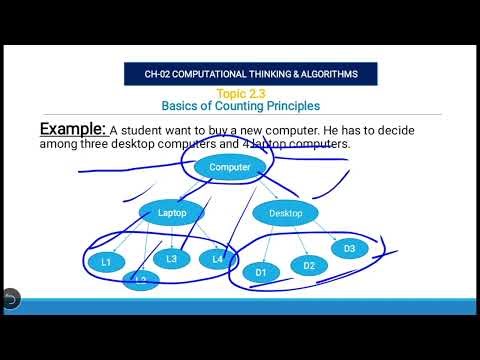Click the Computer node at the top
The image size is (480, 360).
tap(230, 167)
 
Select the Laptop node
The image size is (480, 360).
tap(172, 212)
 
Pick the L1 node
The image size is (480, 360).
tap(106, 262)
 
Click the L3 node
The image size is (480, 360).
tap(172, 258)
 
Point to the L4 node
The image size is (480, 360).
tap(217, 259)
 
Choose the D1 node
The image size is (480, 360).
tap(261, 271)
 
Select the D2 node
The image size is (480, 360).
tap(309, 265)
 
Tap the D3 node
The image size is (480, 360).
tap(349, 248)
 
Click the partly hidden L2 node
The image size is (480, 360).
tap(141, 280)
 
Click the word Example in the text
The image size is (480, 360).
tap(72, 129)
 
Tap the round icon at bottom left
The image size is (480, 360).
tap(11, 298)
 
